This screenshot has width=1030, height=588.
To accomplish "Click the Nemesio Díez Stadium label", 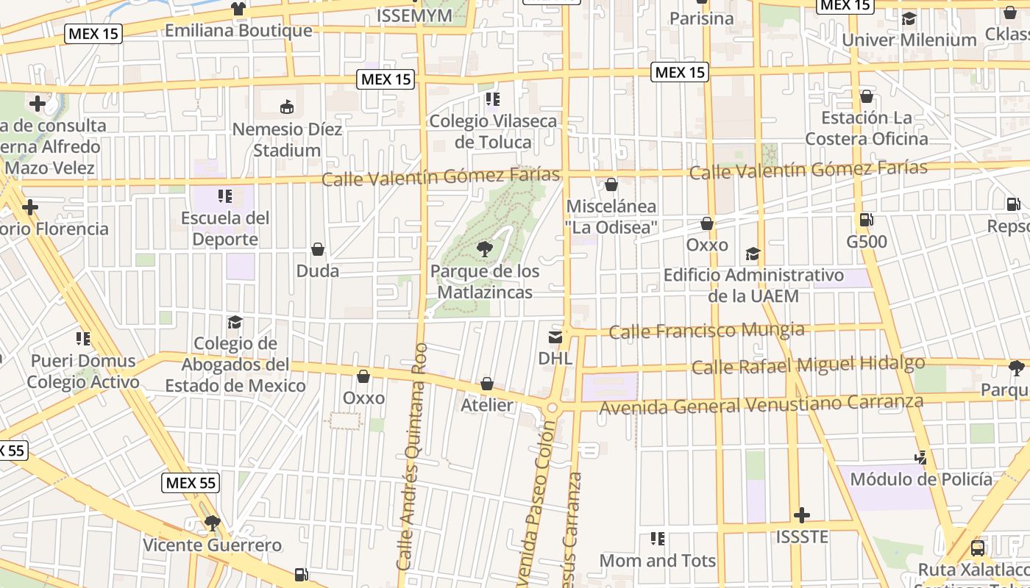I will coord(287,140).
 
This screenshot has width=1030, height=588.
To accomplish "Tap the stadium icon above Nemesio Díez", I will coord(287,107).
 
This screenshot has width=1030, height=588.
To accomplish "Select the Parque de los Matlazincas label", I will coord(485,282).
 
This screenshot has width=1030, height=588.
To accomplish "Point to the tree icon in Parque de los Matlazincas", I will coord(485,249).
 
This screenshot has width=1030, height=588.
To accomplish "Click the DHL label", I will coord(555,358).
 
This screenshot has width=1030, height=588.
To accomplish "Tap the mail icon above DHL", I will coord(555,337).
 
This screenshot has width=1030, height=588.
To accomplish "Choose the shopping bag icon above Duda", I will coord(318,249).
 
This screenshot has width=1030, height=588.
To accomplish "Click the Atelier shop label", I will coord(487,404).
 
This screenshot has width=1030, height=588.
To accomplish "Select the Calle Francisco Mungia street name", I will coord(707,330).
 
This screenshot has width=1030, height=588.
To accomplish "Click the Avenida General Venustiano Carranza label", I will coord(761,404).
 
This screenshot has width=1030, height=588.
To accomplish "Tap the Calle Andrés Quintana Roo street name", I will coord(411,456).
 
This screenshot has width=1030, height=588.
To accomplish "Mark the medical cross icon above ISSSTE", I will coord(802,515).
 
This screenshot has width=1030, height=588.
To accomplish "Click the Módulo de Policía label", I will coord(921,479).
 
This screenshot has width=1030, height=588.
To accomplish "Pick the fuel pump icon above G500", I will coord(867,220).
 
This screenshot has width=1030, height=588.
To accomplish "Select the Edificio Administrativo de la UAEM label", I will coord(753,285).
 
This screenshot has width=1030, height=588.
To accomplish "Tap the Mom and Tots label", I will coord(658,560).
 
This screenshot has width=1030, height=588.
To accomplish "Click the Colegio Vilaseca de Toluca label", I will coord(493,131).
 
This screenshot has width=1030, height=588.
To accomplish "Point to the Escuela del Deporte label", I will coord(225,228).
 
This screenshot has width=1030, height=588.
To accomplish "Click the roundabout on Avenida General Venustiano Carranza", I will coord(553,407).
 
